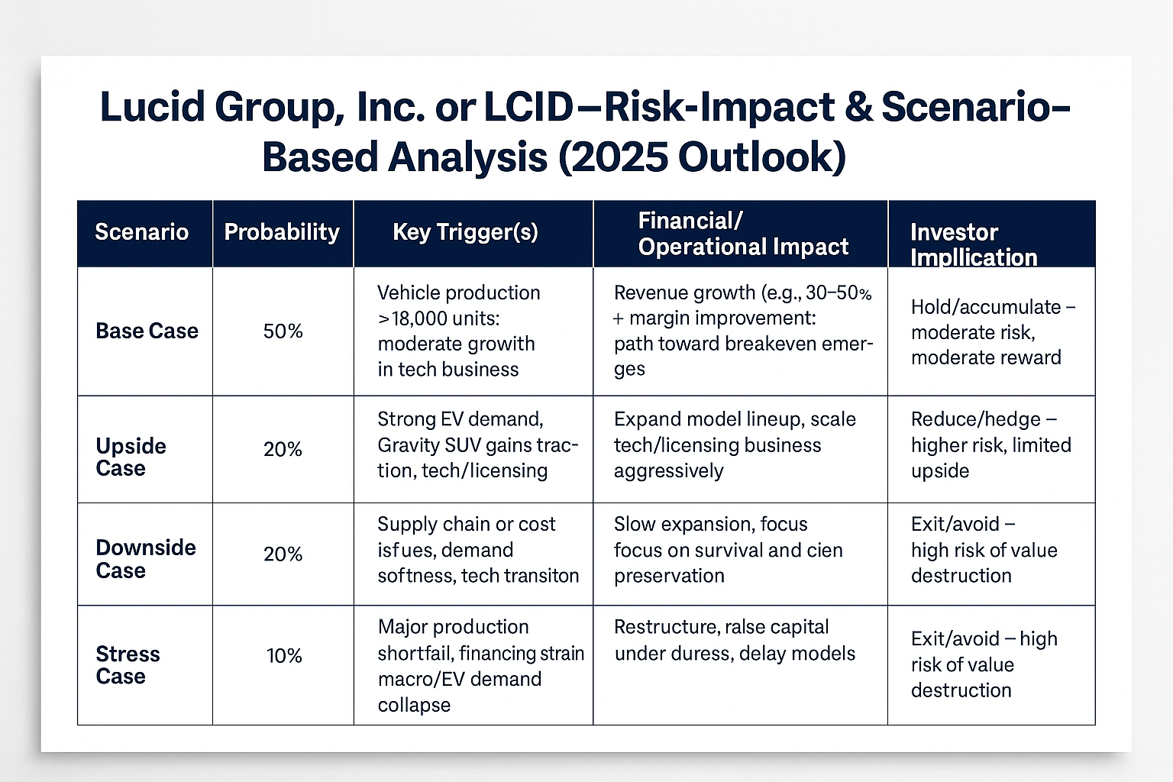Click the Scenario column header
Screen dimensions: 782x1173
(141, 232)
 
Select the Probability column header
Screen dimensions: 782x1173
(282, 232)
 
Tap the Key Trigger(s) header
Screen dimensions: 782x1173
(465, 232)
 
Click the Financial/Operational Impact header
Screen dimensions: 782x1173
(742, 234)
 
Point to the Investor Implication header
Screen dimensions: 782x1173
(973, 244)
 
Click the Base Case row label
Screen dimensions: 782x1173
(147, 331)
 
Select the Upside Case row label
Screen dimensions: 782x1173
(131, 457)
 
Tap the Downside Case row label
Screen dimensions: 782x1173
(145, 559)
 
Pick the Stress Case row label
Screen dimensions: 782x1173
(128, 665)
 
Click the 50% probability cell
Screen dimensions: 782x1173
(283, 331)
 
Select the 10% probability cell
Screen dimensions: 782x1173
(284, 656)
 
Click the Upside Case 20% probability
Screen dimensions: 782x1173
(283, 450)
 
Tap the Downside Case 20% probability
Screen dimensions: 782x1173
(283, 554)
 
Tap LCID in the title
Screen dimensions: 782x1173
(527, 107)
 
